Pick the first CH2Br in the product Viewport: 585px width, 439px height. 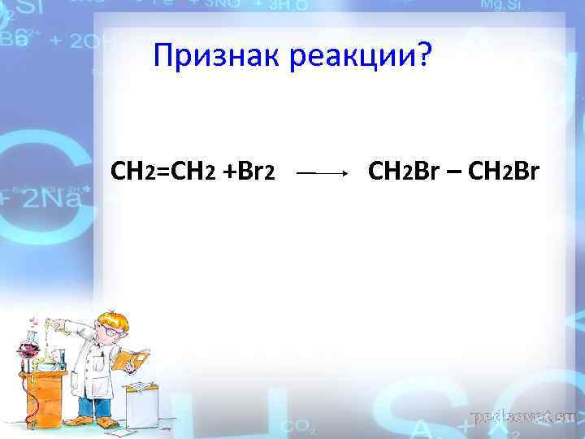click(402, 172)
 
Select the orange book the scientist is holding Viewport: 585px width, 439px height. click(130, 359)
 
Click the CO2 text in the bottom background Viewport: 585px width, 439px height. click(293, 424)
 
